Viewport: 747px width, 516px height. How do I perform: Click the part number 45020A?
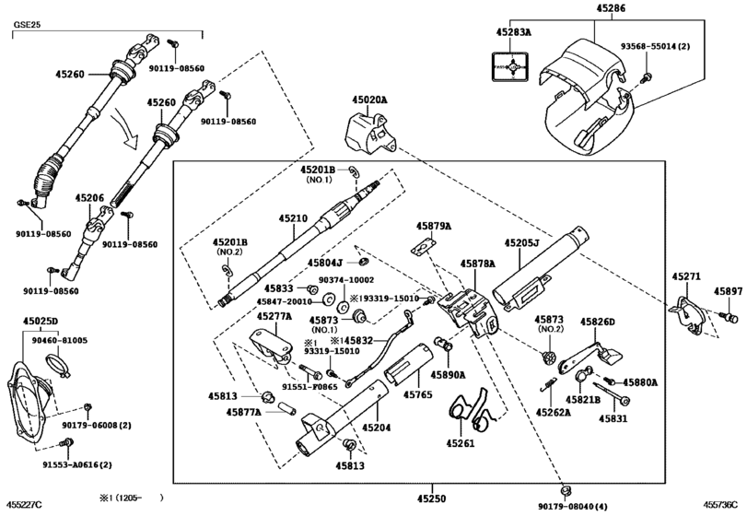(x=369, y=100)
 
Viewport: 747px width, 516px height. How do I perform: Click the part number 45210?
(x=293, y=219)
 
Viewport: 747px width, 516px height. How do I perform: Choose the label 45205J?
(x=522, y=243)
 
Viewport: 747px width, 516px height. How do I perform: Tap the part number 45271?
(x=685, y=276)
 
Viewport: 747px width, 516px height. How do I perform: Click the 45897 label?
(x=728, y=291)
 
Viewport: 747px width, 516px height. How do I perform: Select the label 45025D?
(x=41, y=322)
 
